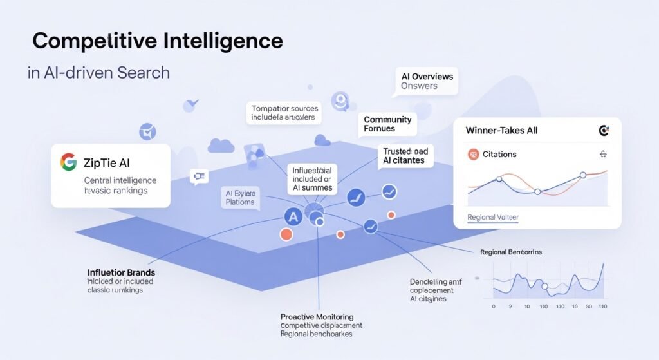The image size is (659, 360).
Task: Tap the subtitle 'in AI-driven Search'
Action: click(x=98, y=72)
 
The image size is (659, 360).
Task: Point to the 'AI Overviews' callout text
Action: click(x=427, y=76)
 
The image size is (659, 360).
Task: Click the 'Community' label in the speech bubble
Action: click(x=387, y=120)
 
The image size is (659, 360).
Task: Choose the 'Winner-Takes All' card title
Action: click(x=501, y=131)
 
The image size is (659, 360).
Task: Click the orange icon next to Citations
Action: click(x=474, y=155)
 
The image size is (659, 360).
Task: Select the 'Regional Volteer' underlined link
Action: click(x=492, y=218)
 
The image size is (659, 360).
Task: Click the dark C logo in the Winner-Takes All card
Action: click(x=604, y=131)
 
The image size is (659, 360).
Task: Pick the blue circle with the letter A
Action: click(x=293, y=217)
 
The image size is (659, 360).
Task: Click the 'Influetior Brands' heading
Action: click(x=121, y=272)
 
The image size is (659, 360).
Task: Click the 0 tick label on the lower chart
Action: click(x=493, y=307)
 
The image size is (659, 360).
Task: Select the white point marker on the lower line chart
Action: click(x=544, y=287)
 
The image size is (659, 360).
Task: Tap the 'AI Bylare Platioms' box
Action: click(x=240, y=197)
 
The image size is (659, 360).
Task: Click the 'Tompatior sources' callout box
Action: click(x=285, y=113)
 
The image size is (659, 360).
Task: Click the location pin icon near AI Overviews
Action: click(x=339, y=100)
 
